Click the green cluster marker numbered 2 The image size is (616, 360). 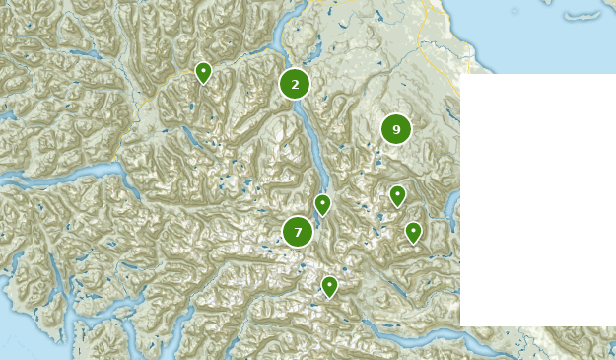point(295,84)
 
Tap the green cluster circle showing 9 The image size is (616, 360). point(396,129)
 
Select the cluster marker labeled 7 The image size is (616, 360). point(298,232)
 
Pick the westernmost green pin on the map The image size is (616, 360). point(203,72)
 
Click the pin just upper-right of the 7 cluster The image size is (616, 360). point(322,204)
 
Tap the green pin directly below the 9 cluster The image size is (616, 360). point(397,195)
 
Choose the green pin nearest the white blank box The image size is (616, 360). point(414,232)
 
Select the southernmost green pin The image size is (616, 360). point(329,286)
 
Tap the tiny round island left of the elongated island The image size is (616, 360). point(513,11)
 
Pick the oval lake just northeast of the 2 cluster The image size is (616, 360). point(317,49)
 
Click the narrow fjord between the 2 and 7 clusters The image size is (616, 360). point(313,148)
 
